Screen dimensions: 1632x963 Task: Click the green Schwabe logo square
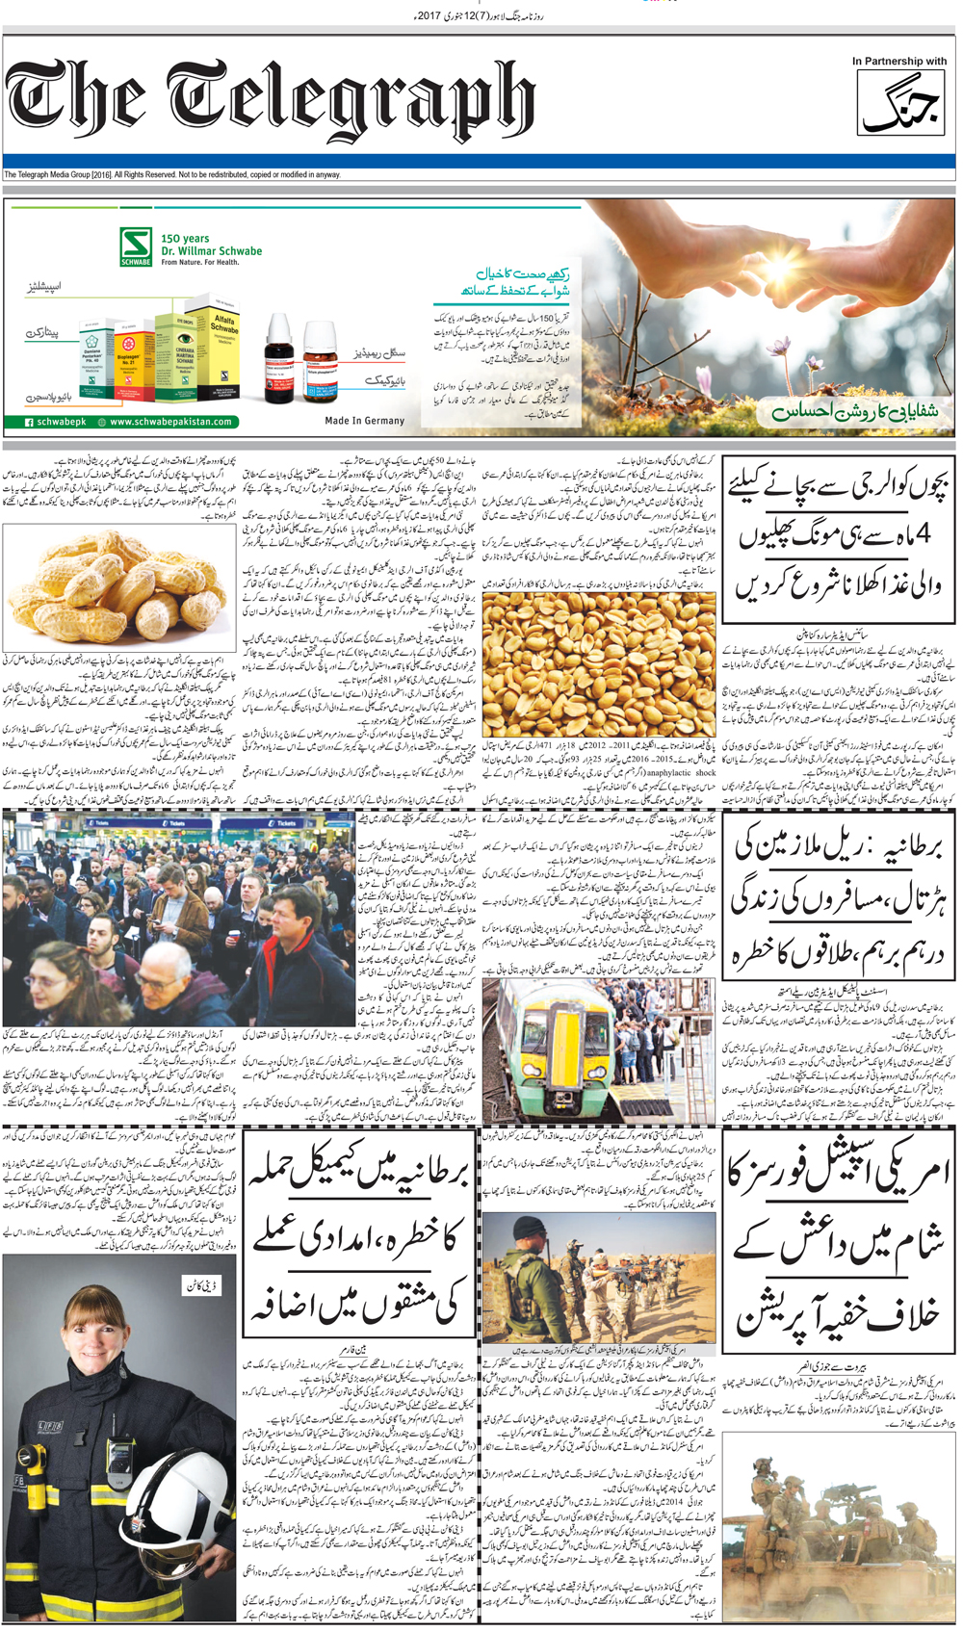pos(136,246)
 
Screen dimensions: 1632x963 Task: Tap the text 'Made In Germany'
pos(365,421)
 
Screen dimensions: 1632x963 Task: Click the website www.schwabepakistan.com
pos(170,422)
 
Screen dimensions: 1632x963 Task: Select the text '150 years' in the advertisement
pos(185,238)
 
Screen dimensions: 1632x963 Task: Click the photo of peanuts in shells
pos(119,586)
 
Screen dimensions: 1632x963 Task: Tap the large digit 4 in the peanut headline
pos(922,533)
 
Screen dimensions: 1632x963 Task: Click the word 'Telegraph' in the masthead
pos(351,102)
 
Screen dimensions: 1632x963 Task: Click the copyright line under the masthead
pos(172,174)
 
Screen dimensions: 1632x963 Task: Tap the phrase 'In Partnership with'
pos(898,62)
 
